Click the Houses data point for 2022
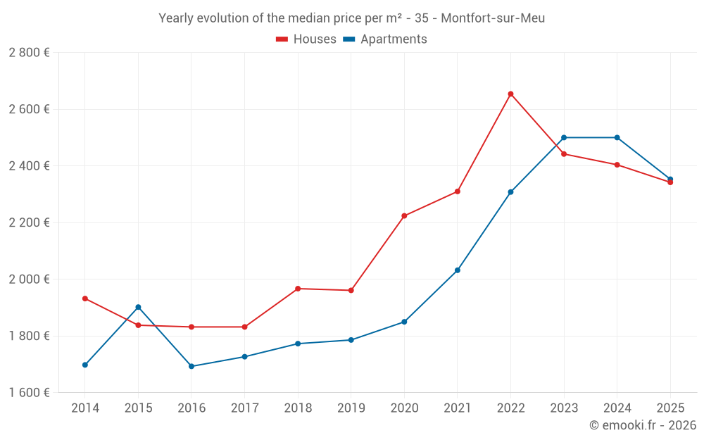click(510, 94)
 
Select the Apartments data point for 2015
click(138, 307)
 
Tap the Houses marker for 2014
click(85, 298)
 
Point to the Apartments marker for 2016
click(191, 366)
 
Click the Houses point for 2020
click(404, 216)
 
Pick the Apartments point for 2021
click(458, 270)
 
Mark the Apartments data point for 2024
click(617, 137)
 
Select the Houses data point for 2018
click(298, 289)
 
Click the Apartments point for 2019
click(351, 340)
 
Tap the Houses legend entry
click(306, 39)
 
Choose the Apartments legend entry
click(385, 39)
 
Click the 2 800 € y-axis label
click(29, 53)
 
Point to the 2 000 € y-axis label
click(29, 279)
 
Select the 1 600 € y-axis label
click(29, 393)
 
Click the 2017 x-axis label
click(244, 408)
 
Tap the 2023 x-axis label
click(564, 408)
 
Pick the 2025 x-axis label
click(670, 408)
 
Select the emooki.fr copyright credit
click(642, 425)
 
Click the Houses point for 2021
click(458, 191)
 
